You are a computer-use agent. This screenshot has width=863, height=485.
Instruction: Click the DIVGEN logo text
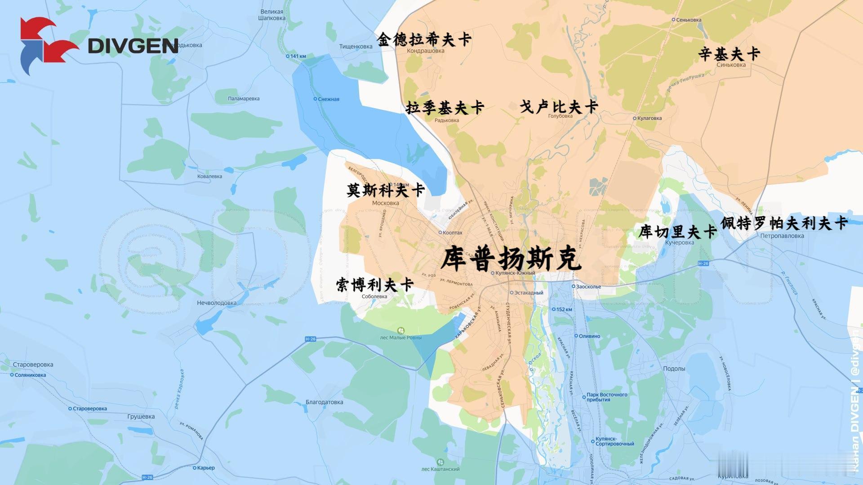coord(133,45)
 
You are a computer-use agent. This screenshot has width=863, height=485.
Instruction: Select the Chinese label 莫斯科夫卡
coord(386,190)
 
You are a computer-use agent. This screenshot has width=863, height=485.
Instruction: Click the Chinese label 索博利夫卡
coord(374,285)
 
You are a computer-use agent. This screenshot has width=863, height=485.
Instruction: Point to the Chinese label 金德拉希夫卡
coord(424,40)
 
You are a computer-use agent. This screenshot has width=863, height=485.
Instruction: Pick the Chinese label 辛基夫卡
coord(729,54)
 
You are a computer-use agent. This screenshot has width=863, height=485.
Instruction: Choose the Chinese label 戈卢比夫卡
coord(559,107)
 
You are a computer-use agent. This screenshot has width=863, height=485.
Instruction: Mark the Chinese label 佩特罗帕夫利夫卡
coord(784,223)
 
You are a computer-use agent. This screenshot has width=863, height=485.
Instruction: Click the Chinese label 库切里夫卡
coord(677,232)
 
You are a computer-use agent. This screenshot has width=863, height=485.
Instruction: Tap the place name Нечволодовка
coord(217,303)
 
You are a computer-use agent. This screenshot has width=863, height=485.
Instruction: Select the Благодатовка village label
coord(324,402)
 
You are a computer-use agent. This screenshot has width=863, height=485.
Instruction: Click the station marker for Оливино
coord(576,336)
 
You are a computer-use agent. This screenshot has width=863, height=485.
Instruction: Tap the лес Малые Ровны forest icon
coord(401,331)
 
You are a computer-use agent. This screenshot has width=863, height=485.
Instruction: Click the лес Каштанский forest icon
coord(440,462)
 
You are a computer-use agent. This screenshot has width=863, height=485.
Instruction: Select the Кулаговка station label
coord(649,119)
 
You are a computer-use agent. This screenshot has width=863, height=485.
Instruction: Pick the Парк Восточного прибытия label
coord(607,397)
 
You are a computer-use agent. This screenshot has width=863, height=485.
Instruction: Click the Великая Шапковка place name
coord(272,15)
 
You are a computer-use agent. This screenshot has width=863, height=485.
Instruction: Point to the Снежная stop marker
coord(315,99)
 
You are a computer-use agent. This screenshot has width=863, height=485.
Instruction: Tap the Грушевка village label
coord(141,416)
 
